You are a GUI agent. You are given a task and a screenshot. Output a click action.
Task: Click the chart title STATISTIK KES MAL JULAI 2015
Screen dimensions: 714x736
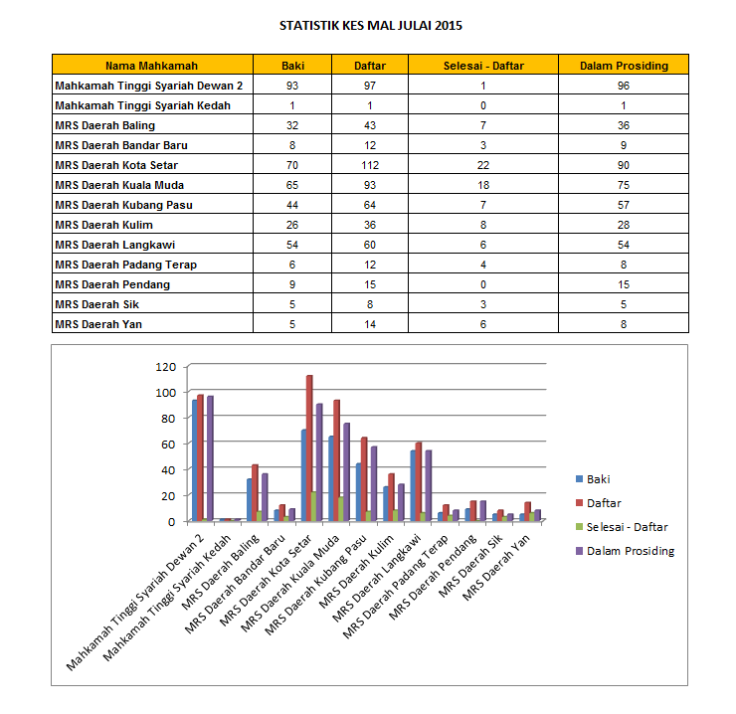(370, 26)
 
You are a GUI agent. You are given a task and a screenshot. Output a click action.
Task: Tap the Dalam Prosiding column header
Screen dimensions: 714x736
(624, 66)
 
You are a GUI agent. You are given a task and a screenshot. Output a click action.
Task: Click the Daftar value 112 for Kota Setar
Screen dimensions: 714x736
(364, 165)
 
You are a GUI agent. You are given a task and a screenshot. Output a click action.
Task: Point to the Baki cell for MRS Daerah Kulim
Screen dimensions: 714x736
(292, 225)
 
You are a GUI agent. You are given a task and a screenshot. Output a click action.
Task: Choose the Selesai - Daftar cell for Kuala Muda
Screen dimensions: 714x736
(482, 185)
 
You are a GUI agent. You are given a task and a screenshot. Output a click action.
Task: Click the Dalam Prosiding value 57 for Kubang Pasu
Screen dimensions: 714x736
(624, 205)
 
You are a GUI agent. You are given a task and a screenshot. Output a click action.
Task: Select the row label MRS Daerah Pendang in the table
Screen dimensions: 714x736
(112, 284)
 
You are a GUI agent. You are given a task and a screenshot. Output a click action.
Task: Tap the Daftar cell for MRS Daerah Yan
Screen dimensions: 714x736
(364, 324)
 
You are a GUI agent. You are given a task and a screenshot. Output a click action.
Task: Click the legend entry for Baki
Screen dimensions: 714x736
(599, 479)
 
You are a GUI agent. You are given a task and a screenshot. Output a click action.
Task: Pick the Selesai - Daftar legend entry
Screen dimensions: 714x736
(628, 527)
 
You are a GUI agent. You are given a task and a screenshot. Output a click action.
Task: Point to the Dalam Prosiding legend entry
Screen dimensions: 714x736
(631, 551)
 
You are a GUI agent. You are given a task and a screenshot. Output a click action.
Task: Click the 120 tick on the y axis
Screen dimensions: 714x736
(165, 367)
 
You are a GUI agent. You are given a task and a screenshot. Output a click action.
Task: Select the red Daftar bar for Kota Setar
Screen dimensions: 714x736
(309, 447)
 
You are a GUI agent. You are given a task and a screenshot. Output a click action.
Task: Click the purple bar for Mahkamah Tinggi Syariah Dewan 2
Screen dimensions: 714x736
(210, 458)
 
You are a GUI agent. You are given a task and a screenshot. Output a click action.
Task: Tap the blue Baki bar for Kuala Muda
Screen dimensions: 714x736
(331, 478)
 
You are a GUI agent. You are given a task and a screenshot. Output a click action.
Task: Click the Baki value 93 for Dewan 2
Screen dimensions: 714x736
(292, 86)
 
